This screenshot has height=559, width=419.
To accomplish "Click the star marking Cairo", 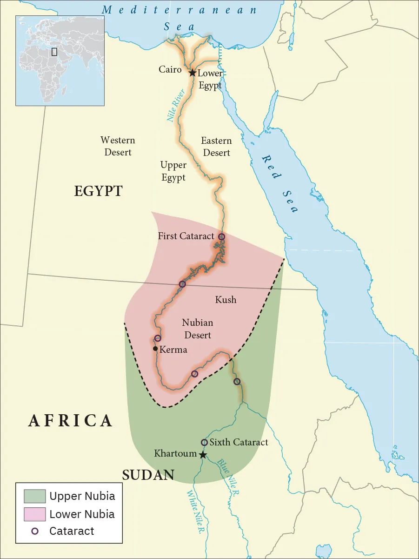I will point(192,73).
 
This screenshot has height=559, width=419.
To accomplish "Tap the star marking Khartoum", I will point(203,455).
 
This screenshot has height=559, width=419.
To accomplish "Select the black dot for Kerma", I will point(155,349).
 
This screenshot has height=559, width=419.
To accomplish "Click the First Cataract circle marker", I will point(222,237).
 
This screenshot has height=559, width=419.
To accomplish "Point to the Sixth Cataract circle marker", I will point(204,442).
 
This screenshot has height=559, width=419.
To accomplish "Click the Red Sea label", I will point(279,184).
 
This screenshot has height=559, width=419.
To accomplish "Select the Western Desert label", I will point(118,146).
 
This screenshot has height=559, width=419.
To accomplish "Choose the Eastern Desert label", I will point(216,146).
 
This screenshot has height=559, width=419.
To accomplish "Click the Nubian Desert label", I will point(197,329).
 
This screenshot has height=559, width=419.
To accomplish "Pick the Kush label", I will point(226,300).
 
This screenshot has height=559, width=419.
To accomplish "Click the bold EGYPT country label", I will point(98,191).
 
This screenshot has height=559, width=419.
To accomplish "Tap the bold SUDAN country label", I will point(148,475).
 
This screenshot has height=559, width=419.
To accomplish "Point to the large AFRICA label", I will point(70,421).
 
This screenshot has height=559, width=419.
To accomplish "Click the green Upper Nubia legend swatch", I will point(35,496).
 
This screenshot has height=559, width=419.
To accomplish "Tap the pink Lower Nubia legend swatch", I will point(35,514).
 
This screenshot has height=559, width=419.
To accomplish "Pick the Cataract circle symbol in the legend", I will point(35,531).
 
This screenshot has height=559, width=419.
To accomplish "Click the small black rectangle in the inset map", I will point(54,51).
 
